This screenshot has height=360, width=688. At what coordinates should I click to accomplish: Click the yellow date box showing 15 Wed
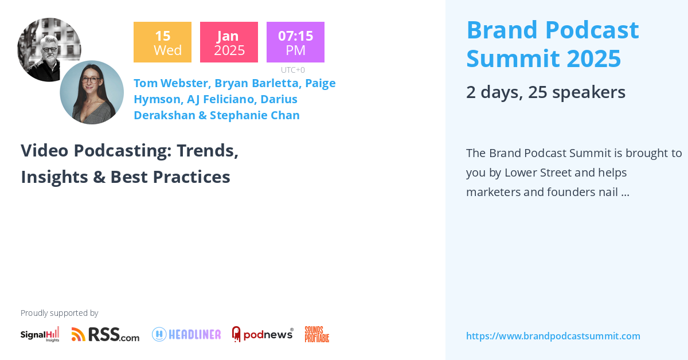click(x=162, y=42)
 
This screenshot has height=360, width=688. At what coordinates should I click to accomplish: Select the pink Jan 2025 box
click(x=229, y=42)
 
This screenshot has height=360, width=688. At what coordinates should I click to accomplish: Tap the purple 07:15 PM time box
click(x=295, y=42)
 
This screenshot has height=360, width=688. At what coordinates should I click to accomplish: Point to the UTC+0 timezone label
click(x=293, y=70)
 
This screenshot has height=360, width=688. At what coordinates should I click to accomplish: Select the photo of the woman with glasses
click(x=92, y=92)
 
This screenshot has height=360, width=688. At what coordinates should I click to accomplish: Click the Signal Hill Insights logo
click(x=40, y=334)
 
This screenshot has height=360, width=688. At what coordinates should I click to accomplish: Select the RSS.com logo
click(x=105, y=334)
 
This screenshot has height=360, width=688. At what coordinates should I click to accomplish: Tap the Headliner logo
click(x=186, y=334)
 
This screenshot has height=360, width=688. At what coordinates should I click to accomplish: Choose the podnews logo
click(x=263, y=334)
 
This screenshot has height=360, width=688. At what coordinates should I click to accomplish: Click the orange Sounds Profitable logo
click(x=316, y=334)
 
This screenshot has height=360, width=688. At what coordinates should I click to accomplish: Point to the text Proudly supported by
click(x=59, y=313)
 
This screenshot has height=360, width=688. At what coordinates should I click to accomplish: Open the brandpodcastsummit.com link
click(x=553, y=336)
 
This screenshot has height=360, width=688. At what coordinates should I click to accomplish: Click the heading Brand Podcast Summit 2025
click(x=552, y=44)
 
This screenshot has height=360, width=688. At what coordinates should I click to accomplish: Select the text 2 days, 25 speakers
click(x=545, y=92)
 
